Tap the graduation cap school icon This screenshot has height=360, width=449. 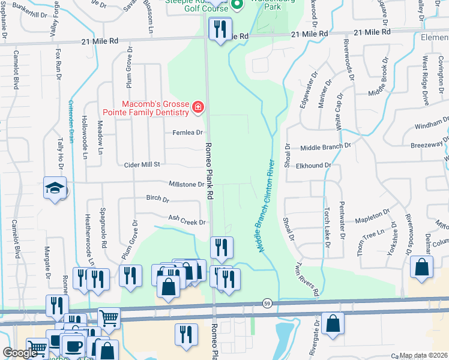click(x=54, y=188)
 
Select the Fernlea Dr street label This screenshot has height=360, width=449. click(x=188, y=133)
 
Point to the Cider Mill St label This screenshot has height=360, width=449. click(x=142, y=164)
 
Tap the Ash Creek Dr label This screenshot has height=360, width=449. click(x=187, y=221)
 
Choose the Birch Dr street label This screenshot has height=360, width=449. click(x=158, y=199)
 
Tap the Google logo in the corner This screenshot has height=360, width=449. click(x=20, y=353)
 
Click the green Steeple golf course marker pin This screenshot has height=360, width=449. click(x=237, y=6)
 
